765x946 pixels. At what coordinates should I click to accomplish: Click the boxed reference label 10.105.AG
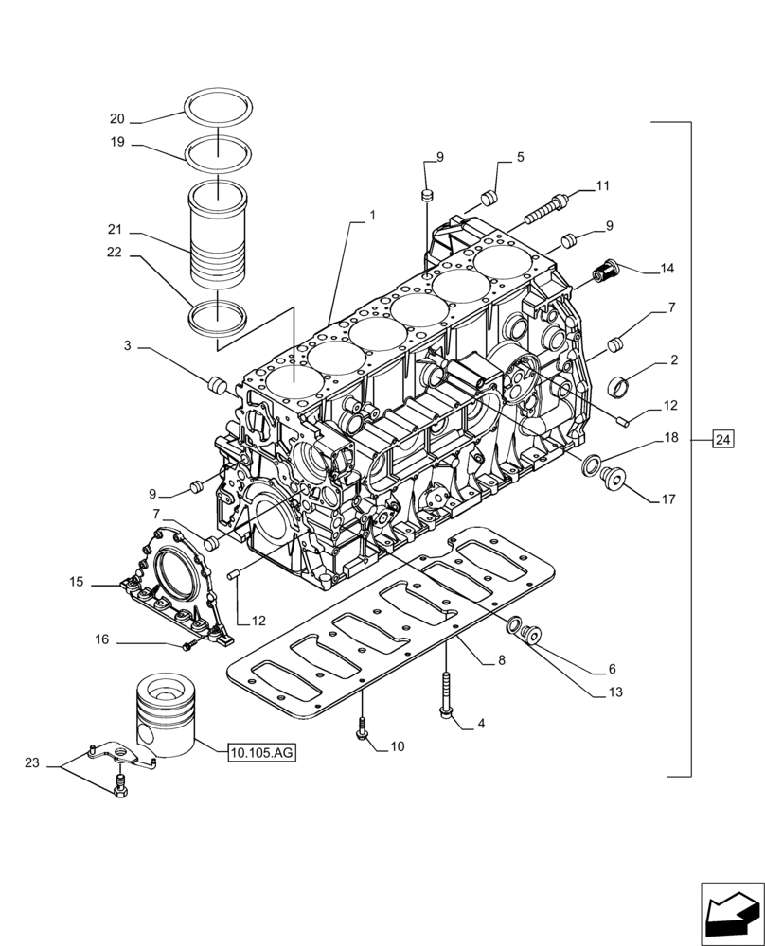tap(262, 753)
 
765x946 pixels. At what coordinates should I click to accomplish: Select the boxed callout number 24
tap(723, 438)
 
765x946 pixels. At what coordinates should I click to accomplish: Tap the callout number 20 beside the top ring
tap(117, 119)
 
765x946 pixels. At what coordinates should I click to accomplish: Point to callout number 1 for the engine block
tap(372, 216)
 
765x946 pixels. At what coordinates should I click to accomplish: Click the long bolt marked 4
tap(445, 695)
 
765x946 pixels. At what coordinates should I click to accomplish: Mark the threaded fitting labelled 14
tap(603, 272)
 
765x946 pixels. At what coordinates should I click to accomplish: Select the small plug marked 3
tap(216, 385)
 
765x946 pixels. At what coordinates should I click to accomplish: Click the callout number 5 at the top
tap(521, 157)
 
